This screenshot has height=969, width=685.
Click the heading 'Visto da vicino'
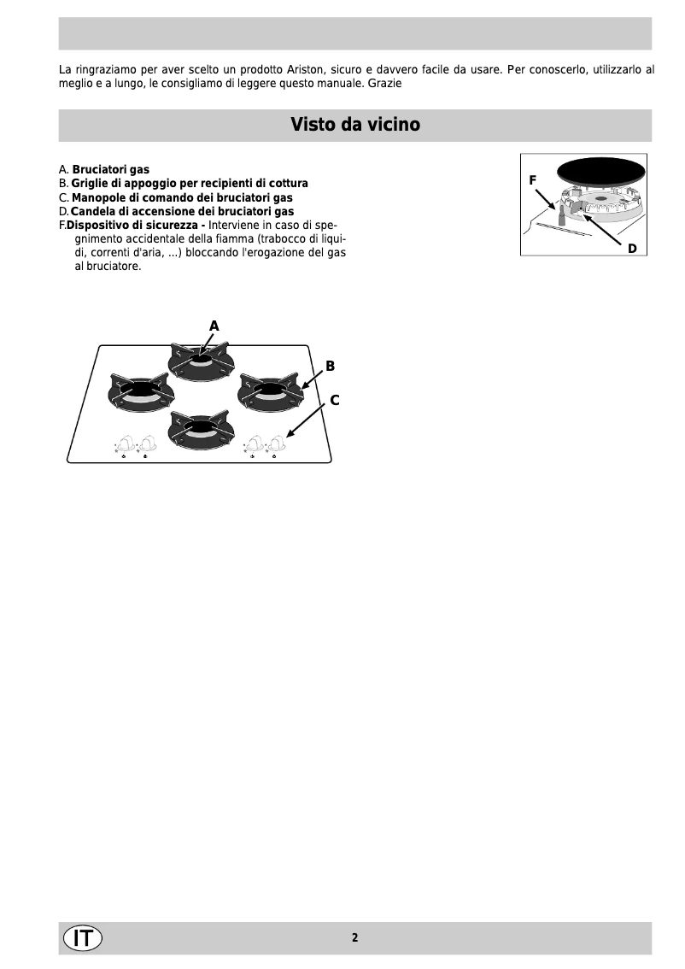[354, 125]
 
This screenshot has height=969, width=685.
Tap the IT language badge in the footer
[82, 937]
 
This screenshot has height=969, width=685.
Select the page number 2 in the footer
[354, 937]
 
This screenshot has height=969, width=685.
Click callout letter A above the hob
[214, 326]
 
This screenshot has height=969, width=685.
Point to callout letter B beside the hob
[330, 366]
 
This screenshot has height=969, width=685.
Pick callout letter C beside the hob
[335, 399]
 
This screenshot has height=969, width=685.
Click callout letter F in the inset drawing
[532, 180]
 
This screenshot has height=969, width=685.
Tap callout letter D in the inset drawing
[632, 248]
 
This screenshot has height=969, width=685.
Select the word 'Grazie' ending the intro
[385, 84]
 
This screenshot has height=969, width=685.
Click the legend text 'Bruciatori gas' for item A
[110, 170]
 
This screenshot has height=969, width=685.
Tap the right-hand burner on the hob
[269, 390]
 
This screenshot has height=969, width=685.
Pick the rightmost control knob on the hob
[275, 443]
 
